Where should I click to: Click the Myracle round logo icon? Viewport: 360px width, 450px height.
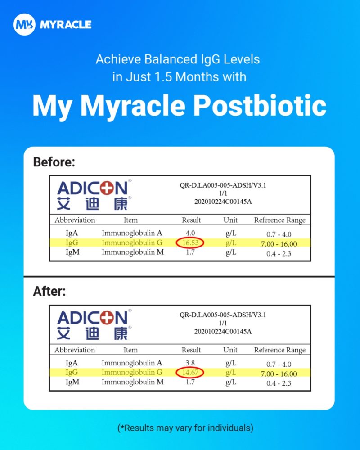[24, 24]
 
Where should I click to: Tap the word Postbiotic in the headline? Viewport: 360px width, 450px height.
[260, 105]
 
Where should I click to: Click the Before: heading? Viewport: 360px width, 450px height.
[54, 162]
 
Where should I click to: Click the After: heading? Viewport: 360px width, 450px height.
[49, 291]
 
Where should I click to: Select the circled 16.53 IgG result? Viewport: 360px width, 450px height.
[190, 243]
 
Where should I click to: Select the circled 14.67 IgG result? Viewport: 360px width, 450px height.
[190, 373]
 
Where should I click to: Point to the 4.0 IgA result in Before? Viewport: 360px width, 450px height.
[190, 233]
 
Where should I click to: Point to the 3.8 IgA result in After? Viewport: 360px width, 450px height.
[190, 363]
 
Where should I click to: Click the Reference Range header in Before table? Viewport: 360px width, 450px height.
[280, 220]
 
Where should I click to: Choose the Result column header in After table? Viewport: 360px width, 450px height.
[191, 350]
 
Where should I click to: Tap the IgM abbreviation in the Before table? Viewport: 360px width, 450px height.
[72, 252]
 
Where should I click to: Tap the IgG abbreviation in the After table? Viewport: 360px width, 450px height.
[72, 373]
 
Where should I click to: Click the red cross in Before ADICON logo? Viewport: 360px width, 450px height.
[106, 188]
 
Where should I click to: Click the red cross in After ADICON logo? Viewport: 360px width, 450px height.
[106, 318]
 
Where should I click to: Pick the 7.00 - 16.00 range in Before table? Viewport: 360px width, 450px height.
[279, 244]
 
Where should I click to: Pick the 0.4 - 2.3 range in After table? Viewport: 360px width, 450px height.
[279, 383]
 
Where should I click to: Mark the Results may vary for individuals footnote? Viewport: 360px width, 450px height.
[185, 428]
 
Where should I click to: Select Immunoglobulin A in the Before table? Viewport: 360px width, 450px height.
[132, 233]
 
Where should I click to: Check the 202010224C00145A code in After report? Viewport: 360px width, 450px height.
[223, 332]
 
